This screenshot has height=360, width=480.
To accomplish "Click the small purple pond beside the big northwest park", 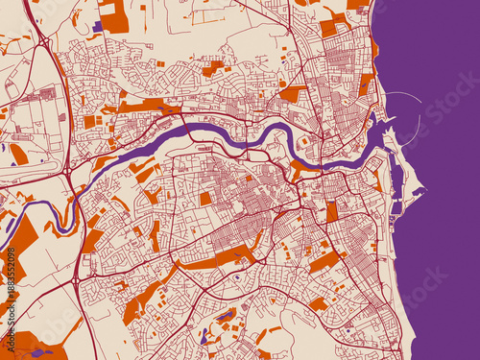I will (x=97, y=27).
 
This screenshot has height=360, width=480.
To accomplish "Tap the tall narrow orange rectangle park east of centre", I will (x=332, y=212).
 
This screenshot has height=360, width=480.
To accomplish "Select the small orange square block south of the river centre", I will (x=204, y=199).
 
